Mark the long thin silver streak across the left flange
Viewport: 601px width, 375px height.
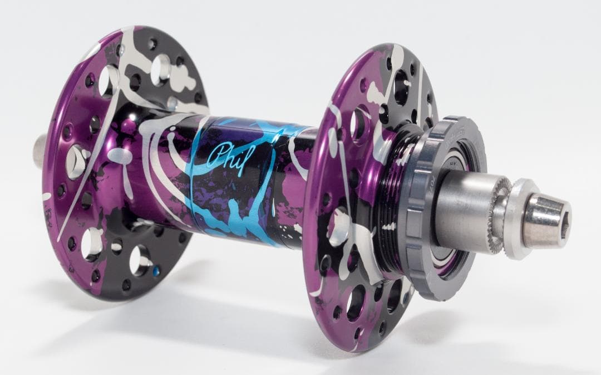point(83,195)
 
